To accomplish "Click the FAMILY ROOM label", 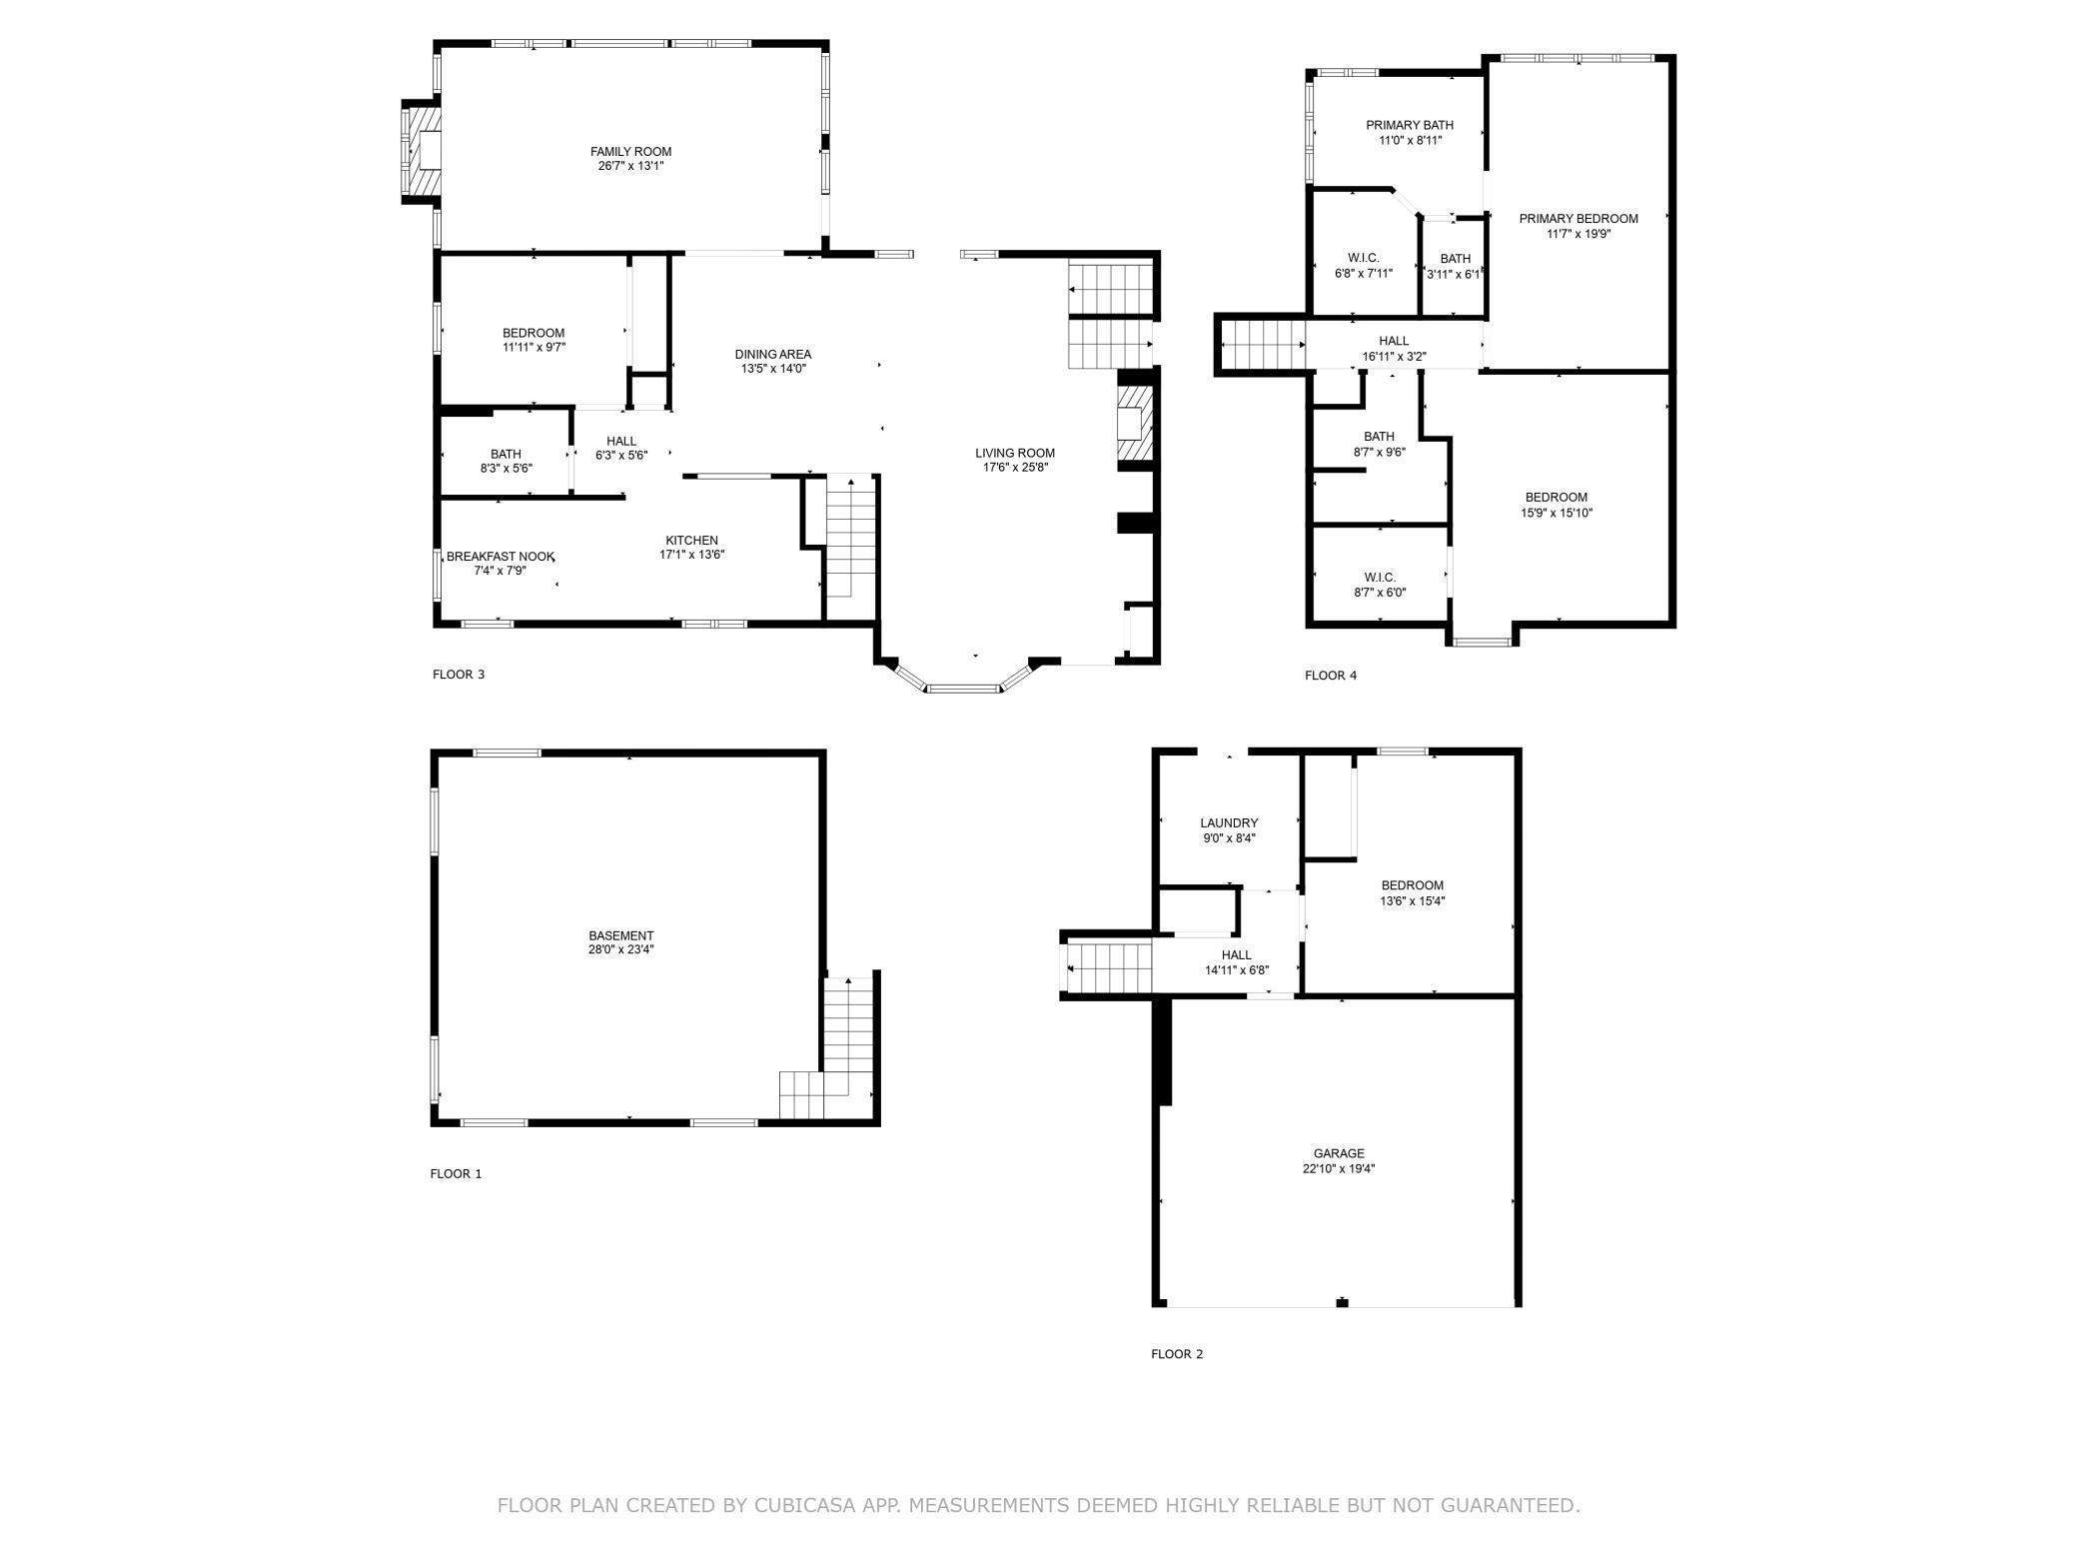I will pyautogui.click(x=630, y=152).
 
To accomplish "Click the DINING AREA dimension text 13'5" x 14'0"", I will pyautogui.click(x=773, y=369).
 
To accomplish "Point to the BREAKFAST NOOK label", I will pyautogui.click(x=500, y=557).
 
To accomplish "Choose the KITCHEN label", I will pyautogui.click(x=691, y=541).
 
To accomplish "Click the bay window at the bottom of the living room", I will pyautogui.click(x=963, y=687).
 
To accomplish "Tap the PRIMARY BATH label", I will pyautogui.click(x=1409, y=126).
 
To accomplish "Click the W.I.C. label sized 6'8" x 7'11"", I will pyautogui.click(x=1363, y=259).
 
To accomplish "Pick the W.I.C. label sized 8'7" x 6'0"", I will pyautogui.click(x=1379, y=578).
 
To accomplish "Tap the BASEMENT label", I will pyautogui.click(x=620, y=936).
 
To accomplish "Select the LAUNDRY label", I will pyautogui.click(x=1229, y=823).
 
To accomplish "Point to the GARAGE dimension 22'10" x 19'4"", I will pyautogui.click(x=1339, y=1169).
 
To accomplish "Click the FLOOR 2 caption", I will pyautogui.click(x=1177, y=1354).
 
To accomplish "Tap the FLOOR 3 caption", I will pyautogui.click(x=459, y=675).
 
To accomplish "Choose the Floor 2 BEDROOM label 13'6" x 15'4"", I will pyautogui.click(x=1412, y=885).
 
